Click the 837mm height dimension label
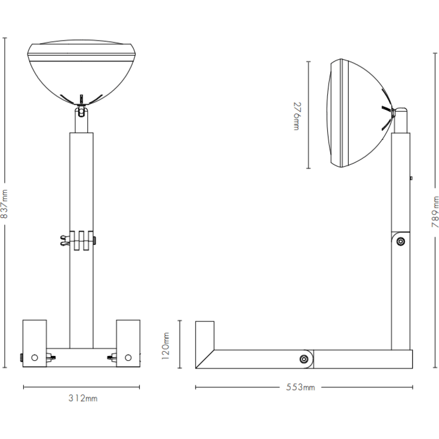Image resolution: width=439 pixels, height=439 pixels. (x=5, y=204)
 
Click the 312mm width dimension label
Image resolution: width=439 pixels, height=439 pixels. (x=83, y=398)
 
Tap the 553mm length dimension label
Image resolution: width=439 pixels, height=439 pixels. (x=300, y=387)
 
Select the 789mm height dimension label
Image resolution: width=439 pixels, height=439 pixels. (x=435, y=212)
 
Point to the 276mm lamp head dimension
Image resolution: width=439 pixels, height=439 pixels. (x=297, y=116)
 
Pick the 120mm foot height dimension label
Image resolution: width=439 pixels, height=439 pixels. (x=165, y=346)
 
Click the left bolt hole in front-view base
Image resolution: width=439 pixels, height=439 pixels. (x=35, y=358)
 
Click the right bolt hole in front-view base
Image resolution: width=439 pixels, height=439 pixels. (x=128, y=358)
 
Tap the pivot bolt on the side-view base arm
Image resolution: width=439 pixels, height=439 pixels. (x=304, y=359)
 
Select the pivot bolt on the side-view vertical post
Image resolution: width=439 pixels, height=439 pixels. (x=401, y=241)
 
